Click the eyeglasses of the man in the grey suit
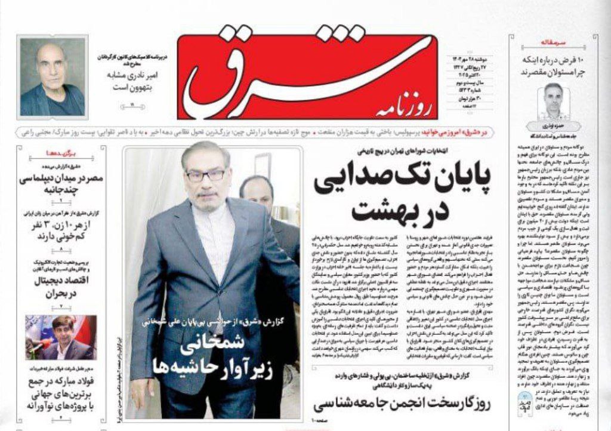205,176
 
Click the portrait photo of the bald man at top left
53,76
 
